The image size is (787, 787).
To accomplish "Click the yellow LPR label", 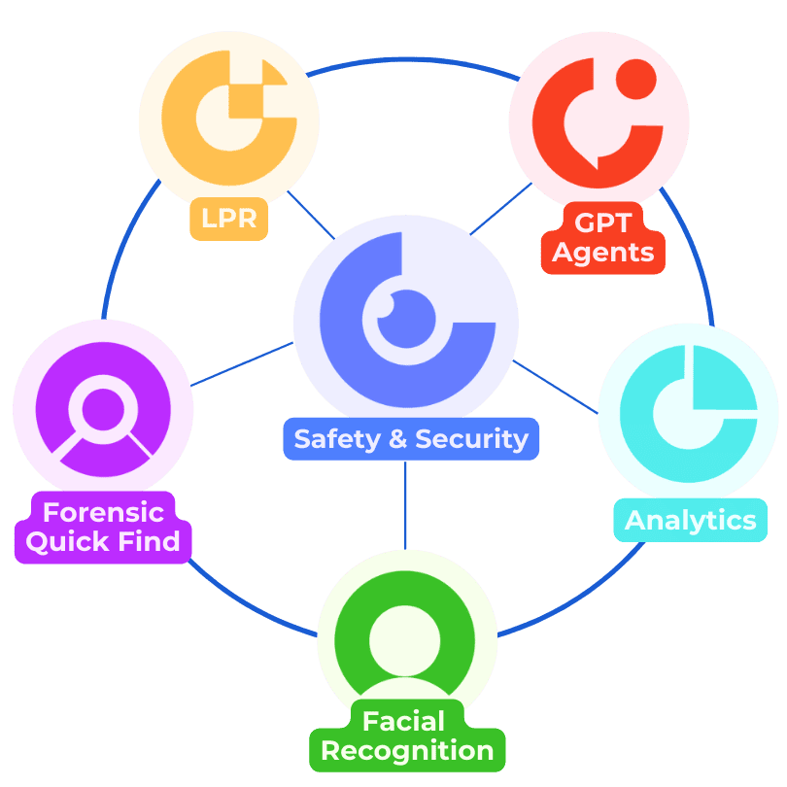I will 229,219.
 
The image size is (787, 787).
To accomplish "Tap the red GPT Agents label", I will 602,238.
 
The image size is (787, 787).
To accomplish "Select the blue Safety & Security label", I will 411,438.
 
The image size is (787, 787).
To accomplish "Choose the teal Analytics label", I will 690,520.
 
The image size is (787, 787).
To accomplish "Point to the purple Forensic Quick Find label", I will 103,527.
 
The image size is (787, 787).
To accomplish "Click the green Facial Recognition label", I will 407,736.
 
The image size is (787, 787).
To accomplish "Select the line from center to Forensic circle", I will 243,364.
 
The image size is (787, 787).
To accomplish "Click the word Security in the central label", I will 472,439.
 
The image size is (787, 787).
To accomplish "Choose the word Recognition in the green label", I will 407,751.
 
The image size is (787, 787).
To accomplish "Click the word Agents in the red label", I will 602,253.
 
